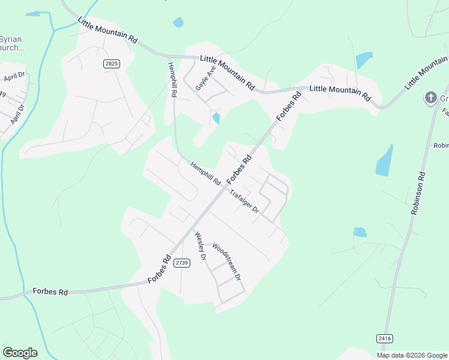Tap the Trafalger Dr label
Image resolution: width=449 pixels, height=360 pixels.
244,201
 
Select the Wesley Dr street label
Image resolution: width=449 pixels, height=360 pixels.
200,246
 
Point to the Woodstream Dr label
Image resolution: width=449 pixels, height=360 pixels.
227,262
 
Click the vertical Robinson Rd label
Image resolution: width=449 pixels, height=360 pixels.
418,194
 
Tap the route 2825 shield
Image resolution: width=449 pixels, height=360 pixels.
111,64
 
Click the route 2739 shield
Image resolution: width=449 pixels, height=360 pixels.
182,263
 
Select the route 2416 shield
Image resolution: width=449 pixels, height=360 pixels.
385,339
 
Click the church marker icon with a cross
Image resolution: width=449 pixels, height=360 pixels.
430,97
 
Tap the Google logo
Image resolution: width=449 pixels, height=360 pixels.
20,353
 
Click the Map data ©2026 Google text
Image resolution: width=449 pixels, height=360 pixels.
412,355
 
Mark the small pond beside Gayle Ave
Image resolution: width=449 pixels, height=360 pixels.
215,118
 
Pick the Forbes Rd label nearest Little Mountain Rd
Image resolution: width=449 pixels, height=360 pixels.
288,106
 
